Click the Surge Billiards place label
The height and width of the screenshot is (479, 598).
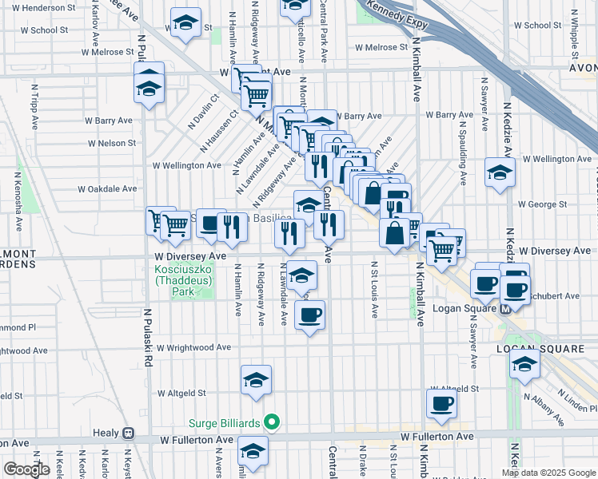pos(226,422)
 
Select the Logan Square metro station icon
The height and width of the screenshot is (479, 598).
pos(505,310)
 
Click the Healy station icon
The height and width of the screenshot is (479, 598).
pos(128,433)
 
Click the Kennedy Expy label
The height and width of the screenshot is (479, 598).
pos(397,16)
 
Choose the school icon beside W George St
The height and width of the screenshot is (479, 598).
pos(500,173)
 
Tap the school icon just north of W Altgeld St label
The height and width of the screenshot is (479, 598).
pos(256,382)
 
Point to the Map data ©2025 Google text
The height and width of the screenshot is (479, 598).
pos(548,473)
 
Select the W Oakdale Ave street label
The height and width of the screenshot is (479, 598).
pos(107,189)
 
